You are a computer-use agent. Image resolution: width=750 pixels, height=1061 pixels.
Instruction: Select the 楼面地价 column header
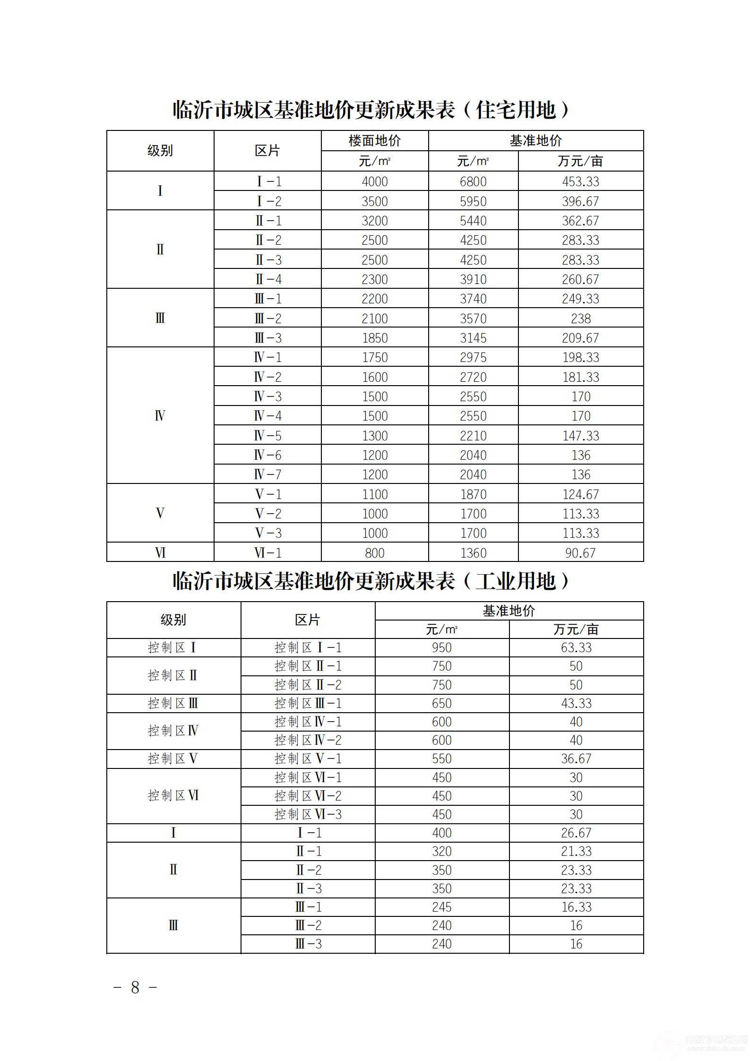coord(374,141)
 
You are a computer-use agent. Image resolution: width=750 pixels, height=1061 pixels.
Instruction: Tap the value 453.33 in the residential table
coord(580,181)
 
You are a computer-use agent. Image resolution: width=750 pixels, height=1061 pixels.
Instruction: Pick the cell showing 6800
coord(473,181)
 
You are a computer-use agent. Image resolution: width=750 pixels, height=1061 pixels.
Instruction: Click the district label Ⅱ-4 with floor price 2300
coord(268,279)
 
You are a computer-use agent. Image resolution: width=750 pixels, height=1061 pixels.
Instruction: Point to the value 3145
coord(473,338)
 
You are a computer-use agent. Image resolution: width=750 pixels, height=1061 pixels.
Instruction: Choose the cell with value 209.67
coord(580,338)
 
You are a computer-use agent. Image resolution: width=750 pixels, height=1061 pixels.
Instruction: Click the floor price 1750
coord(374,357)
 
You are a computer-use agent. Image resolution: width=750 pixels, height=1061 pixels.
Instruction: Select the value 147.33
coord(580,436)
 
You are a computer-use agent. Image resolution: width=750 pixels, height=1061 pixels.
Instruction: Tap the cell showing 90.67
coord(580,552)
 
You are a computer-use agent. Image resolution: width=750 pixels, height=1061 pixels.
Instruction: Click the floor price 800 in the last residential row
coord(374,552)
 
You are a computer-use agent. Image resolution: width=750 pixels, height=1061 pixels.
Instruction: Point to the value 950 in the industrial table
coord(442,647)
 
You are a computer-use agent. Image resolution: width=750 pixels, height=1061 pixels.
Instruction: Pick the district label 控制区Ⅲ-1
coord(308,703)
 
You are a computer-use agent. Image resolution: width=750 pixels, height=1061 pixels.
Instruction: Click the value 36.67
coord(576,759)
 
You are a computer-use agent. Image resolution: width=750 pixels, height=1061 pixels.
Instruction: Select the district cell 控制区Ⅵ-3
coord(308,814)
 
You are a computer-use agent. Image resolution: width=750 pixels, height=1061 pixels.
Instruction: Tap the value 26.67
coord(576,833)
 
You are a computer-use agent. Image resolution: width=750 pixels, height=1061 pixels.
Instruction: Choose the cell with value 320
coord(442,851)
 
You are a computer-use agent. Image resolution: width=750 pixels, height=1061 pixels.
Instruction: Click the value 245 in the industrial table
coord(442,907)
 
